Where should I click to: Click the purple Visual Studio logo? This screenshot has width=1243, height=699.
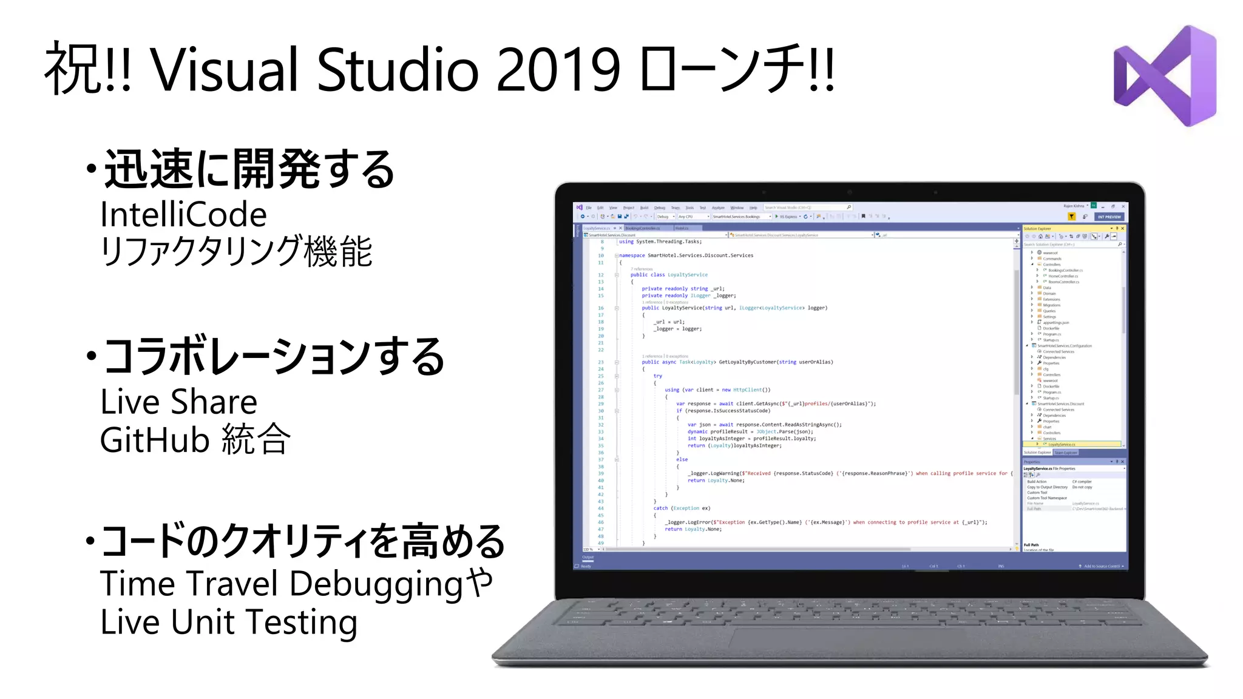coord(1165,76)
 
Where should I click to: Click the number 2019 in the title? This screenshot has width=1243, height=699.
coord(558,70)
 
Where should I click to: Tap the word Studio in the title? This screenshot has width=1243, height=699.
coord(398,70)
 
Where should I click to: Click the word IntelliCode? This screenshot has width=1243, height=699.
coord(183,215)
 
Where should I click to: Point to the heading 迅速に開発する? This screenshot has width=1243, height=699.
coord(249,170)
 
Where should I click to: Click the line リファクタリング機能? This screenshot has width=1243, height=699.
coord(235,251)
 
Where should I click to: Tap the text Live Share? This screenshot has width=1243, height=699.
coord(178,402)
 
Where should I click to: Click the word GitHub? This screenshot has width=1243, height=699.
coord(154,440)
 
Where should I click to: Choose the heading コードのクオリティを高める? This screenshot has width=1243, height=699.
coord(302,541)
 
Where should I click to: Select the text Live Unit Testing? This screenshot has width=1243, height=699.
coord(228,623)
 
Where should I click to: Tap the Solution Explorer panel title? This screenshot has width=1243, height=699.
coord(1038,229)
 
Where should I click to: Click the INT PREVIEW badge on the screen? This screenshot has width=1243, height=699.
coord(1109,217)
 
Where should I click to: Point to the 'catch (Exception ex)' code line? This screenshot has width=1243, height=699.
coord(681,508)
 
